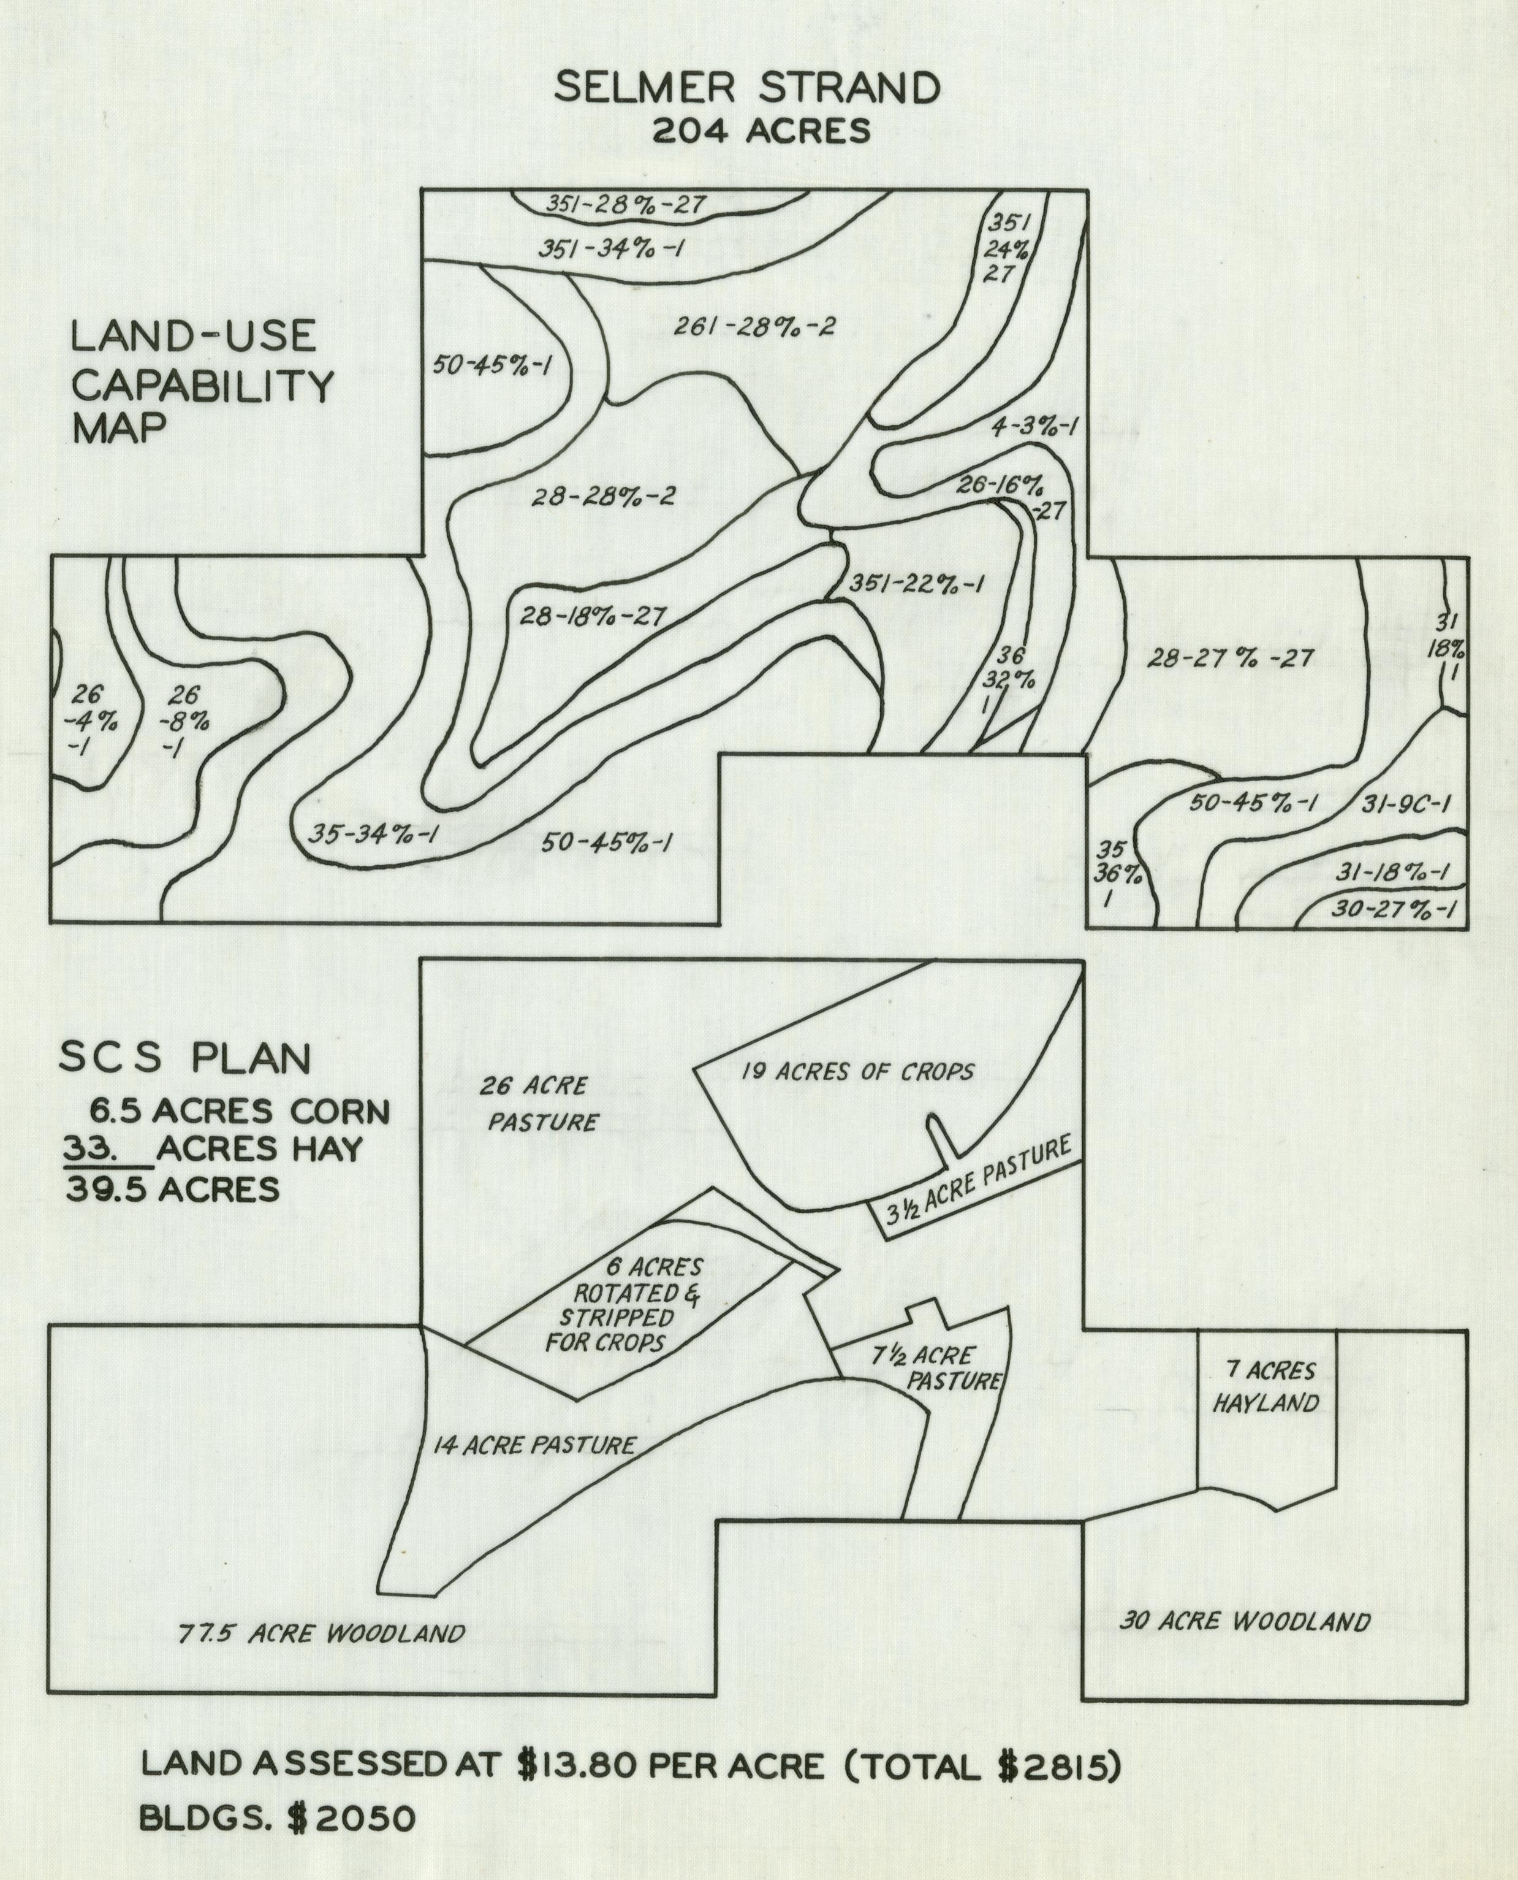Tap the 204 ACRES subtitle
point(761,131)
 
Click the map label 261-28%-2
point(754,327)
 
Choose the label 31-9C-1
point(1406,804)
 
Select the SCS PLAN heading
point(184,1060)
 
